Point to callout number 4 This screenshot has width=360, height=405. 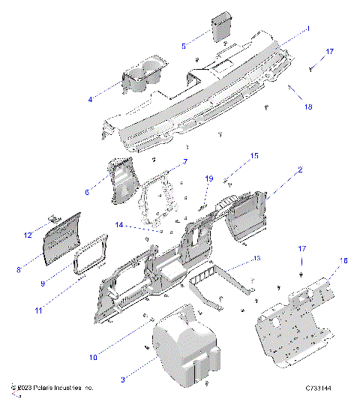pos(90,99)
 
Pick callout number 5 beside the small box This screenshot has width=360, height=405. pos(184,46)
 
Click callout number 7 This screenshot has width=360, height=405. pos(186,161)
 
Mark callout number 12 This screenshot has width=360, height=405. pos(28,235)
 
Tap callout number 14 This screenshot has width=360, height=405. pos(118,224)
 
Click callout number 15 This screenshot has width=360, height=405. pos(254,156)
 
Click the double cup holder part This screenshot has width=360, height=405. pos(145,77)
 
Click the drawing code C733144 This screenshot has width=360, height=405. pos(321,388)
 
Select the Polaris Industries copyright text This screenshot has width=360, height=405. pos(52,388)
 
